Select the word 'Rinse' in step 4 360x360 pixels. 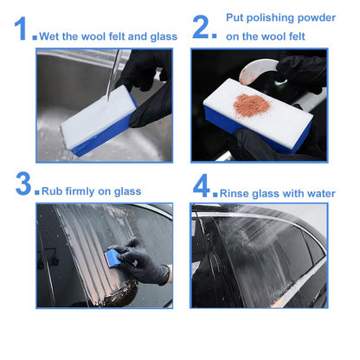tap(235, 193)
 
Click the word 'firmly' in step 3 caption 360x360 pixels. tap(86, 191)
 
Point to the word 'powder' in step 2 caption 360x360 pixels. tap(318, 17)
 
